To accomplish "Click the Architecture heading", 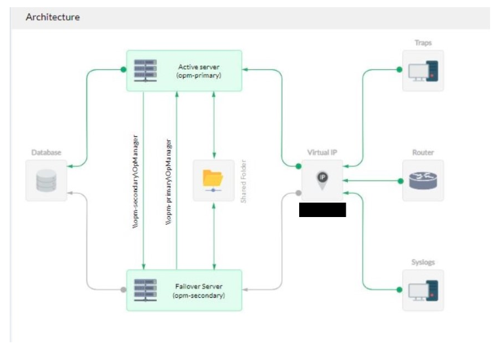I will (52, 17).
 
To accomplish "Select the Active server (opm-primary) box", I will (185, 71).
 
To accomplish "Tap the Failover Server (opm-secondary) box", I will (185, 290).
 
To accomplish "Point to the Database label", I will (46, 152).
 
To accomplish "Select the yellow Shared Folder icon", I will (213, 180).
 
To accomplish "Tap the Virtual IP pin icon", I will (322, 179).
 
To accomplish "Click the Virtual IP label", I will (322, 152).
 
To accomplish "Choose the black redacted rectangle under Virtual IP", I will (322, 210).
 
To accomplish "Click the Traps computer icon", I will (423, 70).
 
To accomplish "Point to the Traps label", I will (423, 43).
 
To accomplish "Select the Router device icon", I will (423, 180).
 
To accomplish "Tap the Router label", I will (423, 152).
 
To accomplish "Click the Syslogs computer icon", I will (423, 289).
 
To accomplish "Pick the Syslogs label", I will (423, 262).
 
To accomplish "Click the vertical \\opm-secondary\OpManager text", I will (135, 182).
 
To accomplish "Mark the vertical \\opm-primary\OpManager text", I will (169, 182).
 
